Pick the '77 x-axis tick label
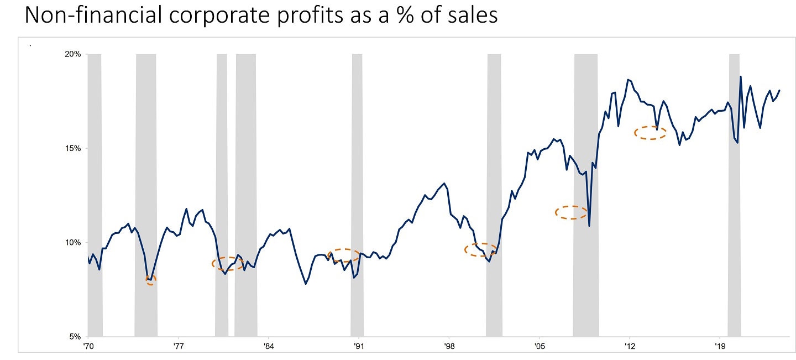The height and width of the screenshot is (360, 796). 179,346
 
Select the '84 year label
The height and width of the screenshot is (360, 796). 269,346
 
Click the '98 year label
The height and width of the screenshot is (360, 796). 449,346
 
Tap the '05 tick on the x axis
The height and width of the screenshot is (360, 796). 539,346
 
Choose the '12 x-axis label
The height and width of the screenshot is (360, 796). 629,346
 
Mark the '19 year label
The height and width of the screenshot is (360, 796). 719,346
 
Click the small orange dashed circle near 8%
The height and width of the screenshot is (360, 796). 151,280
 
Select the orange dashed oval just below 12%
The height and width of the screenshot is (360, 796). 572,212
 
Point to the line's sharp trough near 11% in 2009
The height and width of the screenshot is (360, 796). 589,226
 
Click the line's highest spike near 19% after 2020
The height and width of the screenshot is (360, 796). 741,77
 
